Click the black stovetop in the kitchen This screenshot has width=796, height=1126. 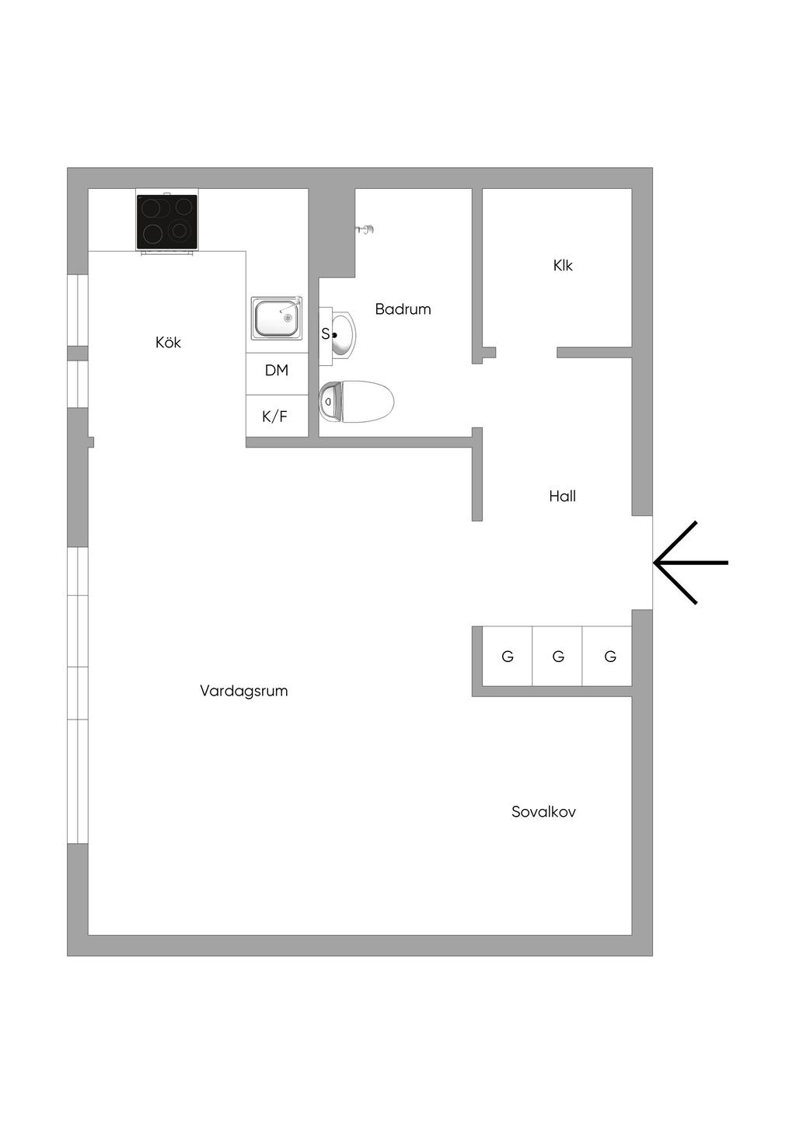(166, 221)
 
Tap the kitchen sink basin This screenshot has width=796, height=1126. (274, 318)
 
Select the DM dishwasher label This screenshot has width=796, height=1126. (277, 371)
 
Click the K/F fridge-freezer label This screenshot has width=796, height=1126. (274, 417)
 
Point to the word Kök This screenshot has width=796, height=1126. (168, 342)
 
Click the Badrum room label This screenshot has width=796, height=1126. (403, 309)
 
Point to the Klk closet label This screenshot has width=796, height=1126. (563, 266)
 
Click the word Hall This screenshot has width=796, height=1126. (562, 496)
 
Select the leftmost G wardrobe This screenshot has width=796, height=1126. (508, 657)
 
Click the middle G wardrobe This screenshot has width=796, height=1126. (558, 657)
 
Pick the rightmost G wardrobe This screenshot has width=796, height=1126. (610, 657)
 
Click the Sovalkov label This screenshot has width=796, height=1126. (543, 812)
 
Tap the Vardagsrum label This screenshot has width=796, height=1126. (244, 691)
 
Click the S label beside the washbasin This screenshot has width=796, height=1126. (325, 335)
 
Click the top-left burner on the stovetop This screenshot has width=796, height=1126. (152, 208)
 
